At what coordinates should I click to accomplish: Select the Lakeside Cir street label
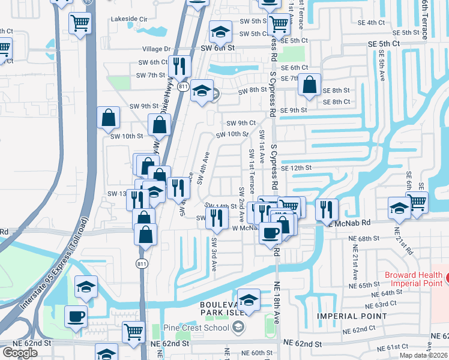coord(129,19)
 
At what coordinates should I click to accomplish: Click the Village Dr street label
coord(157,49)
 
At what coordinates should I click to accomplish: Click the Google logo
coord(20,353)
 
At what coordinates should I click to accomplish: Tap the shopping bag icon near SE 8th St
coord(310,85)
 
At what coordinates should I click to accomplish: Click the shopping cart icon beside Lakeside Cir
coord(80,23)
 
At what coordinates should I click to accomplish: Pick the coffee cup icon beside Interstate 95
coord(76,316)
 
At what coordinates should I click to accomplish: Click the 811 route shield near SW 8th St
coord(184,87)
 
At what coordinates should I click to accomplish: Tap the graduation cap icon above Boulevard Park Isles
coord(248,298)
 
